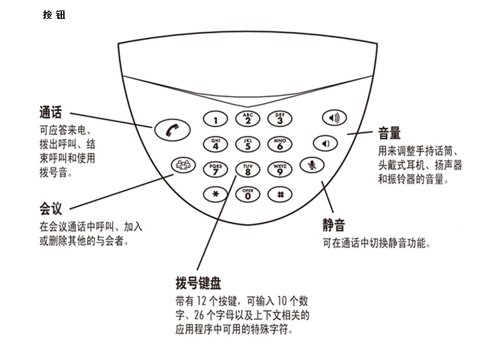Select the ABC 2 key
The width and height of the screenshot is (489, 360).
click(248, 118)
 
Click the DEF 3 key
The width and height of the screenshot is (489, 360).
click(280, 118)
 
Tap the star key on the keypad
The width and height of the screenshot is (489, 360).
click(216, 194)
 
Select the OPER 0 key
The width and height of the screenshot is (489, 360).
click(248, 194)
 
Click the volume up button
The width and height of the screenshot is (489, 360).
click(334, 118)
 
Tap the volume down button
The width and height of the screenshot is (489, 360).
click(325, 143)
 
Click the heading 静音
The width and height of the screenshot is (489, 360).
click(333, 226)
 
